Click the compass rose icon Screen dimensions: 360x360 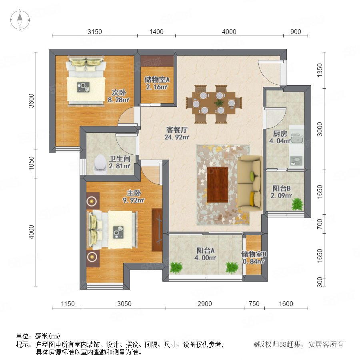tap(20, 20)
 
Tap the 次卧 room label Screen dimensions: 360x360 tap(119, 92)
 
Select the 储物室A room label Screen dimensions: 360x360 tap(157, 80)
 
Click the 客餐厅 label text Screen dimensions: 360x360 tap(177, 130)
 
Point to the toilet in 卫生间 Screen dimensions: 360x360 tap(100, 164)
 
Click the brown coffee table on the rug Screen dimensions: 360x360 tap(218, 184)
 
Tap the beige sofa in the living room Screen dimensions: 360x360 tap(250, 183)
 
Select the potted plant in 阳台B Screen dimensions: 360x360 tap(298, 204)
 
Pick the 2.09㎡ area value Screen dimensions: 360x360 tap(281, 196)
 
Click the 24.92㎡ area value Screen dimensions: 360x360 tap(177, 137)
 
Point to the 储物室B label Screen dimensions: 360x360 tap(254, 254)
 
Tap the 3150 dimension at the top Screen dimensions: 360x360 tap(94, 32)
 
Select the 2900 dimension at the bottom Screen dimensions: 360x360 tap(204, 304)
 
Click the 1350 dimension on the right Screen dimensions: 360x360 tap(320, 70)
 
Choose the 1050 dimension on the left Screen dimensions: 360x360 tap(31, 163)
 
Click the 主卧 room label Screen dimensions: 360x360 tap(134, 193)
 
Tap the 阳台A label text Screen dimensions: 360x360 tap(206, 250)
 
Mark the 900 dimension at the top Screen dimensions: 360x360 tap(296, 32)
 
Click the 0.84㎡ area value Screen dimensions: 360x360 tap(254, 262)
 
